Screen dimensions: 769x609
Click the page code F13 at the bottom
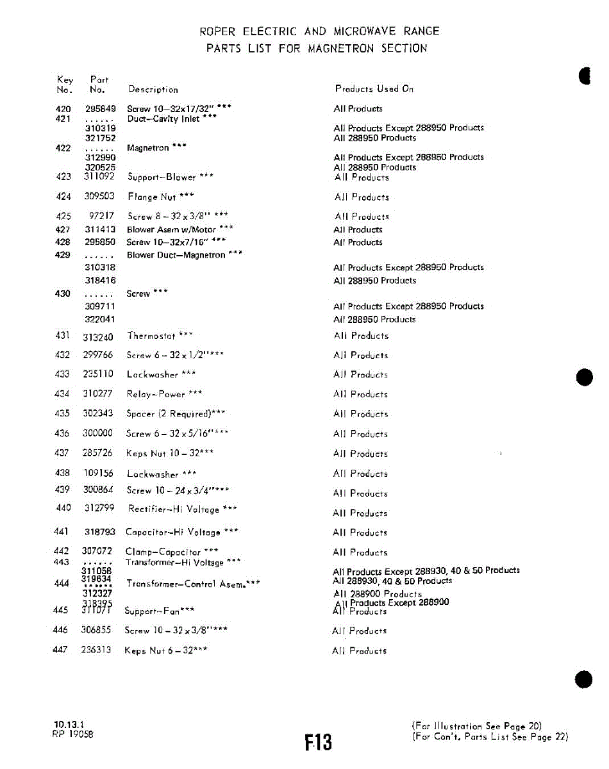point(318,742)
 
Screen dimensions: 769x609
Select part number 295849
point(100,109)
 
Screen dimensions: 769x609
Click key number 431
point(63,335)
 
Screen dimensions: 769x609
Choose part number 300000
point(97,434)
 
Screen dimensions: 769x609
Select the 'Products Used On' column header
point(374,89)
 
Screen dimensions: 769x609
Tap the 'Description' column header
point(153,90)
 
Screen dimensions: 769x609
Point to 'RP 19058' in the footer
point(72,735)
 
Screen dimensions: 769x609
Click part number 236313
point(96,650)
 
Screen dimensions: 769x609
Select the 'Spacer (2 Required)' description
point(175,414)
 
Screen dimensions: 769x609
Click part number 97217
point(101,217)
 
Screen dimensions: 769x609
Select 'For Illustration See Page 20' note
point(477,726)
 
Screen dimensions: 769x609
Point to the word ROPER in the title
point(218,31)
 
